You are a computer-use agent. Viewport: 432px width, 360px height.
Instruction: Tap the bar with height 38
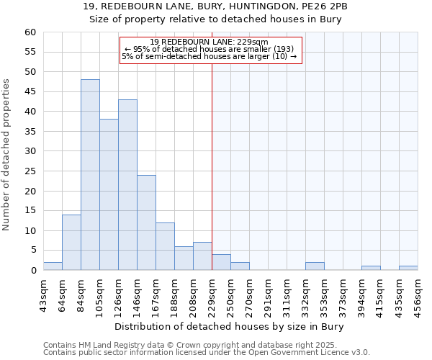[109, 194]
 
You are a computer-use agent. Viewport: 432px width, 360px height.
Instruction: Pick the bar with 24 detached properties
[146, 222]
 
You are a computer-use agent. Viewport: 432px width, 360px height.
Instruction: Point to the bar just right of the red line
[221, 263]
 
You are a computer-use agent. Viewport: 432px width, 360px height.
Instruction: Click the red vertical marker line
[212, 166]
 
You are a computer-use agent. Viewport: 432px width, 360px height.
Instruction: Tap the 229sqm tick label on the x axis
[212, 294]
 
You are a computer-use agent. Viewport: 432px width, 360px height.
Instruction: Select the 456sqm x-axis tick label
[418, 294]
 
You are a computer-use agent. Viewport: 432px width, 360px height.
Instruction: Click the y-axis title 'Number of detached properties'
[7, 155]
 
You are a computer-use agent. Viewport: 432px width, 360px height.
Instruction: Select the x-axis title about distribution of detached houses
[229, 327]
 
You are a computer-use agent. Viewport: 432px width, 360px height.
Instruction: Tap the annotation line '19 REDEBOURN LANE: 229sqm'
[210, 42]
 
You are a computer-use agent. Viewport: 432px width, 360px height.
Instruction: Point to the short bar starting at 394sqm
[371, 268]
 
